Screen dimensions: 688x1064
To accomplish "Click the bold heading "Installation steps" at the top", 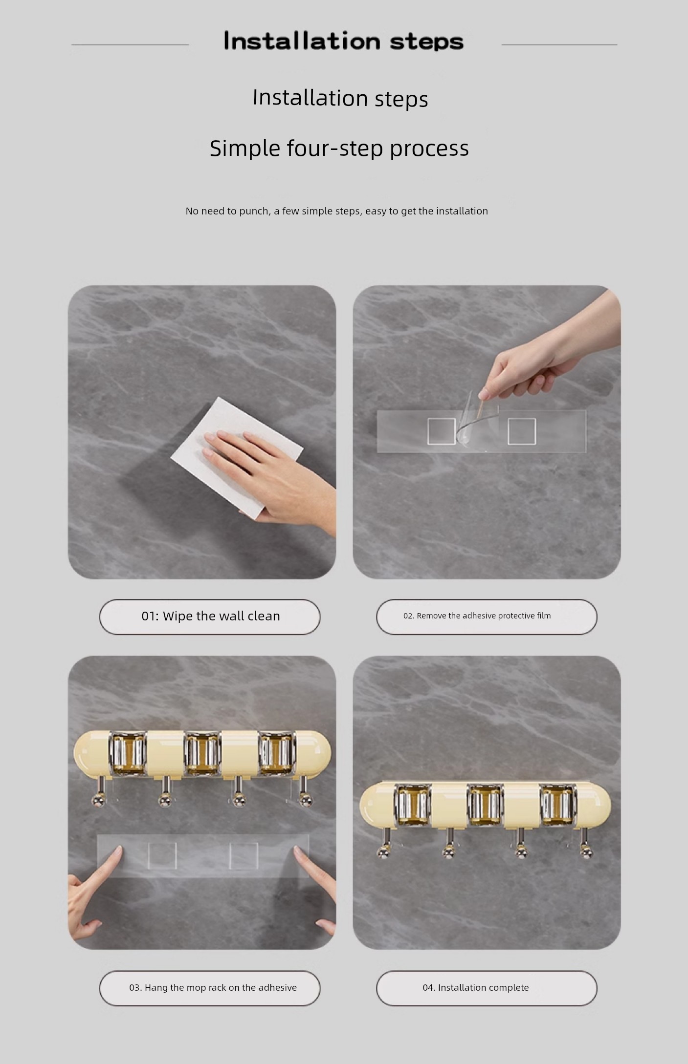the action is click(343, 41).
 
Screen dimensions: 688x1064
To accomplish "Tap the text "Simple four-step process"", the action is click(339, 148).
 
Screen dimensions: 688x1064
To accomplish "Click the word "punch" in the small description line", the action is click(254, 212).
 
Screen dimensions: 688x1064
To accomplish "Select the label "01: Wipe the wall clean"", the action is click(211, 616).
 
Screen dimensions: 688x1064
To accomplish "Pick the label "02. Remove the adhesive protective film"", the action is click(477, 616).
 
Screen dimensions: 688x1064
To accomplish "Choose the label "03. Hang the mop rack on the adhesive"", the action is click(213, 987).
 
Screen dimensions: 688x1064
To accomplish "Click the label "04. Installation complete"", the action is click(476, 987).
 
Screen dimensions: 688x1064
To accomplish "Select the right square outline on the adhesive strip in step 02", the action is click(522, 432).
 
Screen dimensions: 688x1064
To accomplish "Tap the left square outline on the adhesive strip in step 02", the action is click(441, 432).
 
